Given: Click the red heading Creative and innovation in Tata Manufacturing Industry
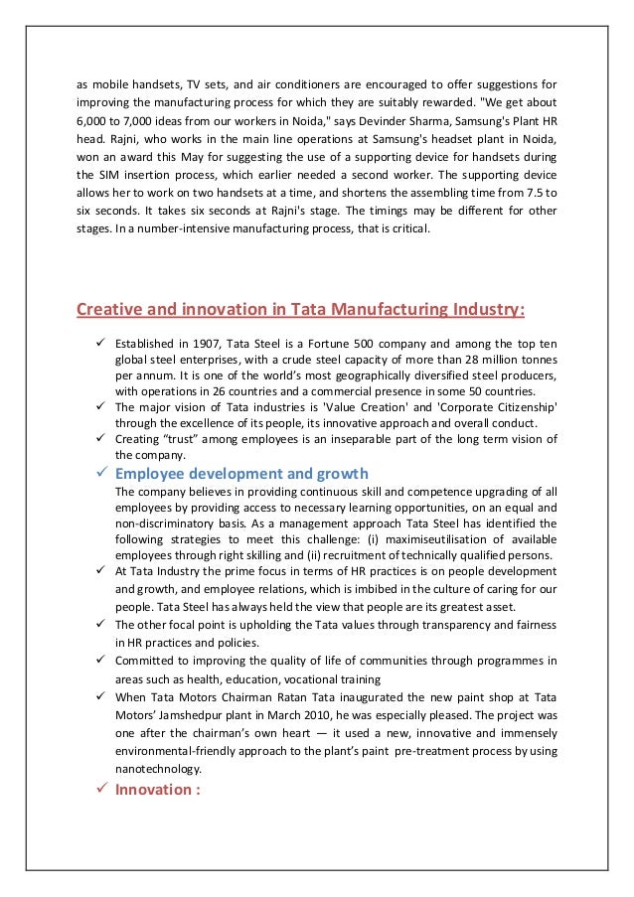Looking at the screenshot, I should point(301,310).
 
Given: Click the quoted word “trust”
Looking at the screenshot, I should point(192,439).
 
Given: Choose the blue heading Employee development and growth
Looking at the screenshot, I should point(241,473).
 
